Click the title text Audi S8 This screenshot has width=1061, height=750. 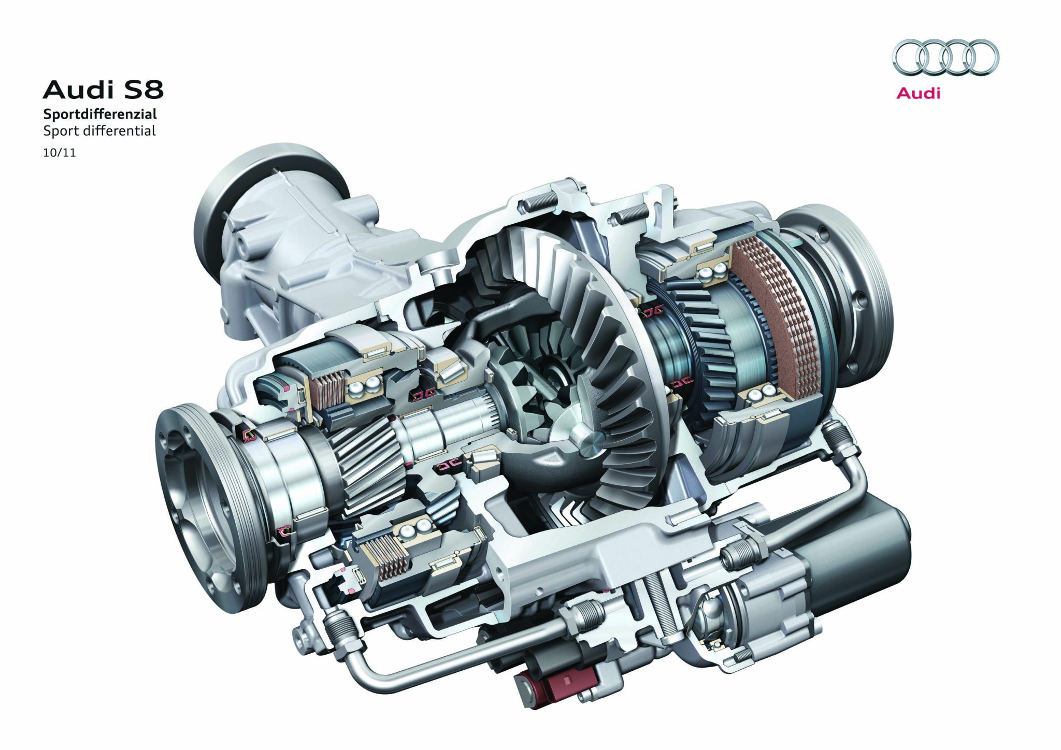coord(103,90)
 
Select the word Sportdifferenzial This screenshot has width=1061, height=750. coord(100,113)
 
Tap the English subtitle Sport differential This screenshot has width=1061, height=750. coord(99,131)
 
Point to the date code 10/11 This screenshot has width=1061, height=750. coord(60,153)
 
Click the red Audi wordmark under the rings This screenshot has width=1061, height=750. coord(918,93)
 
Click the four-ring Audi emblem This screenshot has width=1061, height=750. coord(945,57)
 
